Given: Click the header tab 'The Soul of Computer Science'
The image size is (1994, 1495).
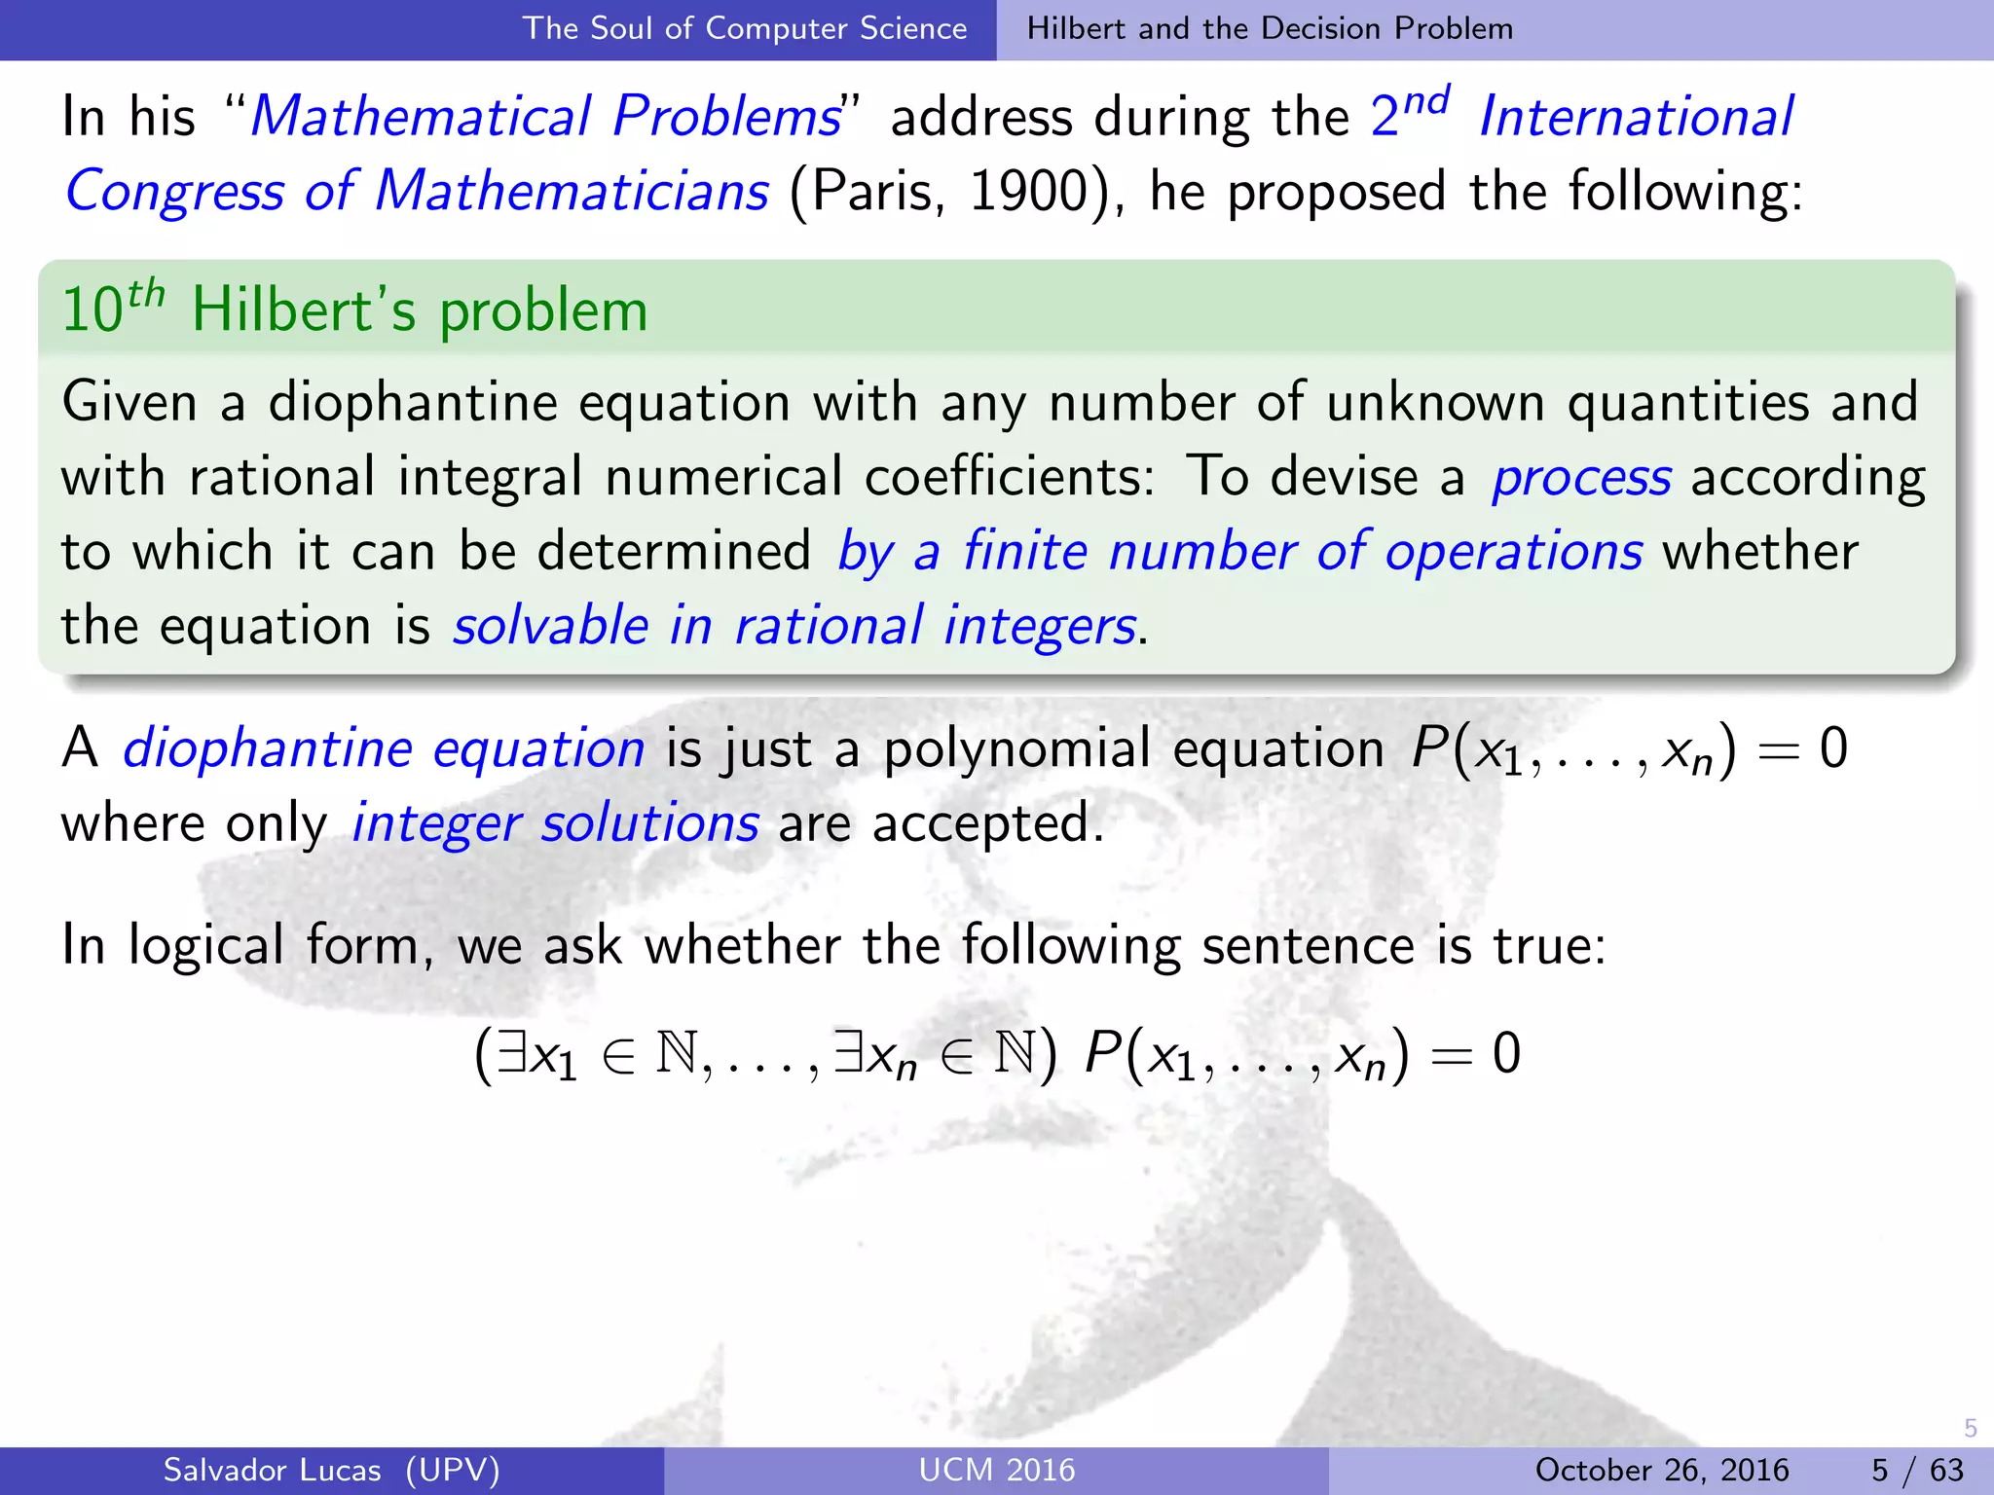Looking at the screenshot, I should (745, 28).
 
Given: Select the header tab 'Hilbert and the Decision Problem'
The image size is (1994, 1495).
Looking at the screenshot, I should (1270, 28).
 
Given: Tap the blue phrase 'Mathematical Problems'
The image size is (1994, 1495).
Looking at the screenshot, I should (545, 117).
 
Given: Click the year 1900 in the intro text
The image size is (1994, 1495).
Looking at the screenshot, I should (1028, 191).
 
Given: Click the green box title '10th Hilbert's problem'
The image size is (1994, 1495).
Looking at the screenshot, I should (354, 310).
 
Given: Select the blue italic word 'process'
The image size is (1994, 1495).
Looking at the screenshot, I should (1581, 477).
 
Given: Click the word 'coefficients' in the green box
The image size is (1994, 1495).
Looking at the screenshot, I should (1009, 477).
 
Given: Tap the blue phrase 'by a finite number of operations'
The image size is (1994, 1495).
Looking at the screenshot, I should (1239, 552).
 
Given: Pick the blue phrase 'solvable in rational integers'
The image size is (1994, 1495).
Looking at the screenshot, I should (794, 626).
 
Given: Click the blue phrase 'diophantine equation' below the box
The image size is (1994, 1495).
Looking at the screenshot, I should (384, 748).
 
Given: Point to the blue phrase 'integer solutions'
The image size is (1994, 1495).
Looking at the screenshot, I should (555, 823).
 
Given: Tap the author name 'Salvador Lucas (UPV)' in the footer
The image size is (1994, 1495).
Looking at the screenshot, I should (331, 1470).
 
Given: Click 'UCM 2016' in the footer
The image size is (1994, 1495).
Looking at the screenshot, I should (997, 1470).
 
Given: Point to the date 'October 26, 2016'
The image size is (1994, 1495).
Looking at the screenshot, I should (1662, 1470).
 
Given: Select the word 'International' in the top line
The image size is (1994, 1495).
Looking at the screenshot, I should (1636, 117).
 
